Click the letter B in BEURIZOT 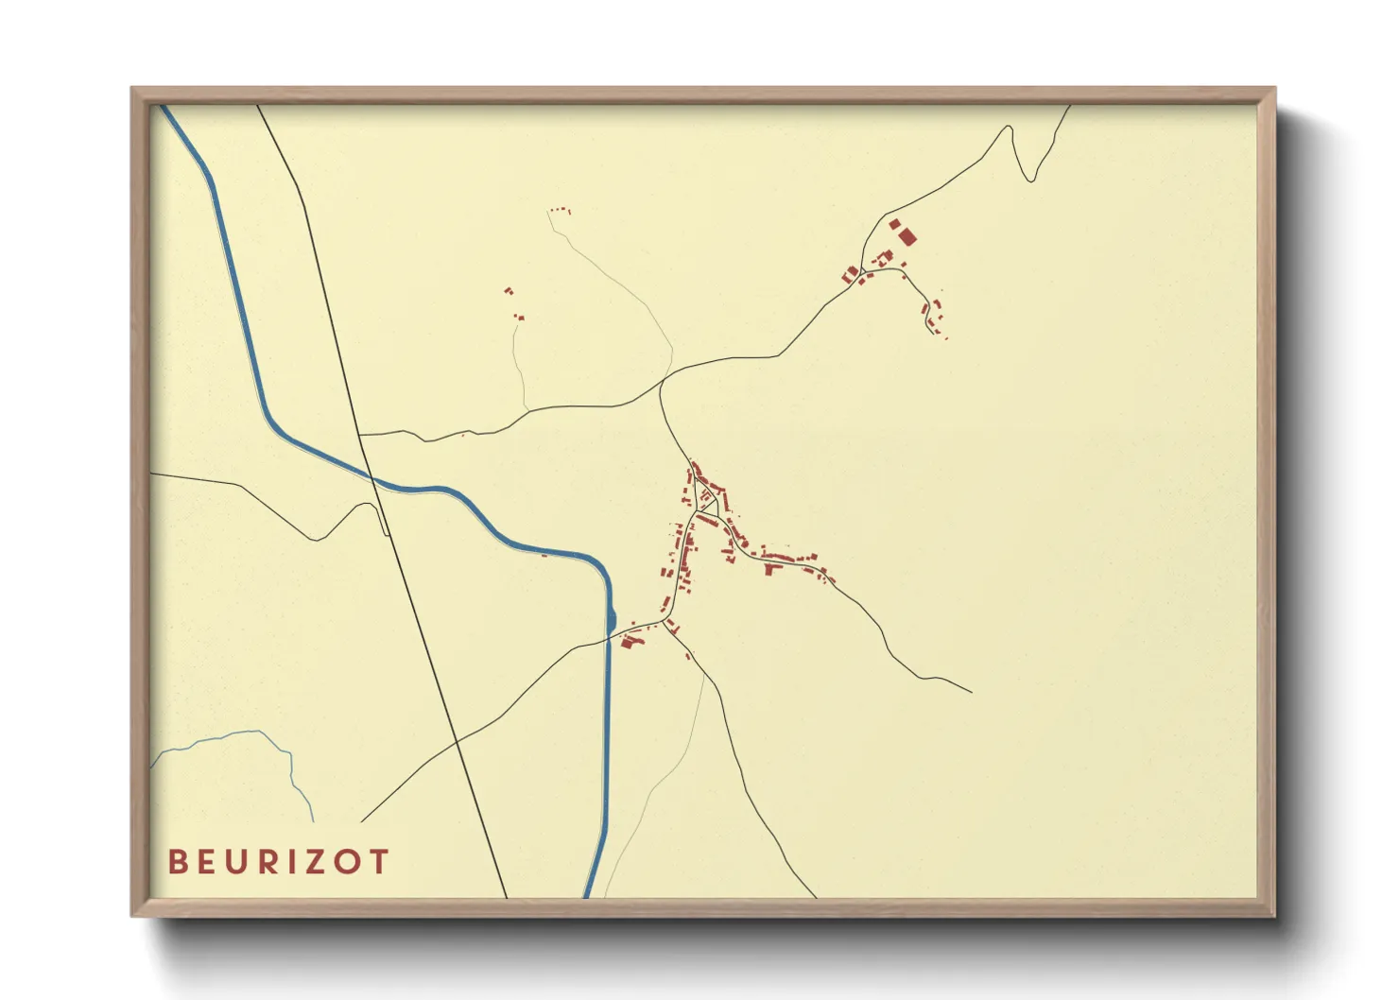pos(177,862)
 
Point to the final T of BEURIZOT pos(379,862)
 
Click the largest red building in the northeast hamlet pos(907,236)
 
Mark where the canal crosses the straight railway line pos(372,479)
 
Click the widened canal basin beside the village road pos(612,619)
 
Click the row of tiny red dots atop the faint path pos(560,210)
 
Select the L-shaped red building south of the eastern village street pos(770,569)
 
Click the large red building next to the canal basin pos(630,642)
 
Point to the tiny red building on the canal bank pos(544,555)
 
